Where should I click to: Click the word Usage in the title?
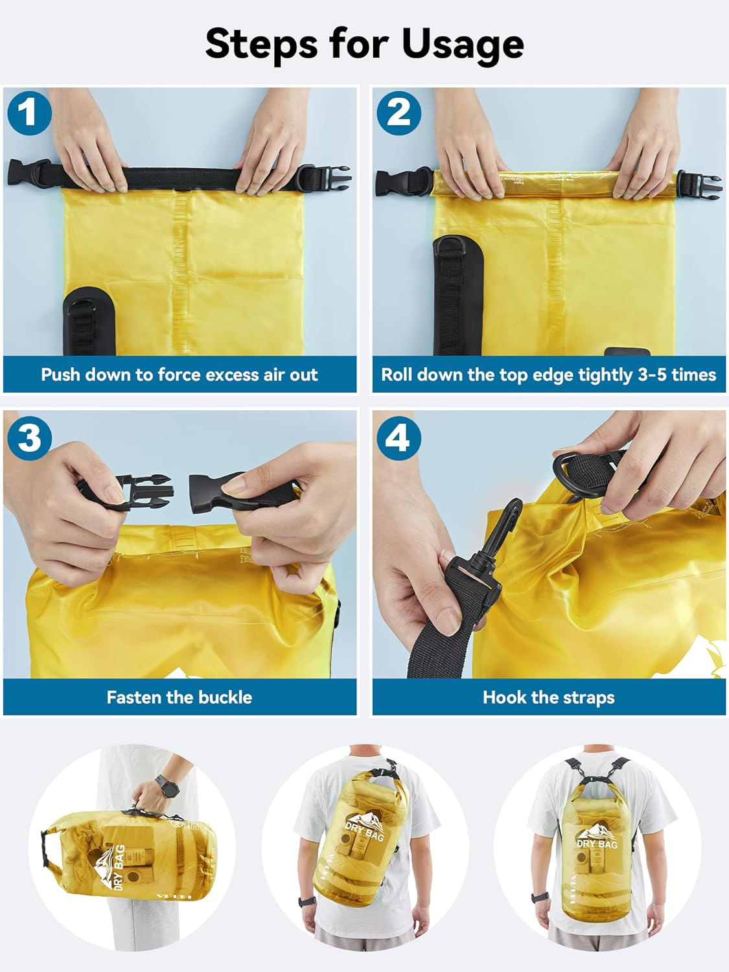(463, 44)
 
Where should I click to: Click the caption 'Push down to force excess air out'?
(179, 375)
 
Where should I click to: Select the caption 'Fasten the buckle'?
(179, 697)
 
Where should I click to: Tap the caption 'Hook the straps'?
(548, 697)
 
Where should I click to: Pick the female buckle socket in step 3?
(217, 489)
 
